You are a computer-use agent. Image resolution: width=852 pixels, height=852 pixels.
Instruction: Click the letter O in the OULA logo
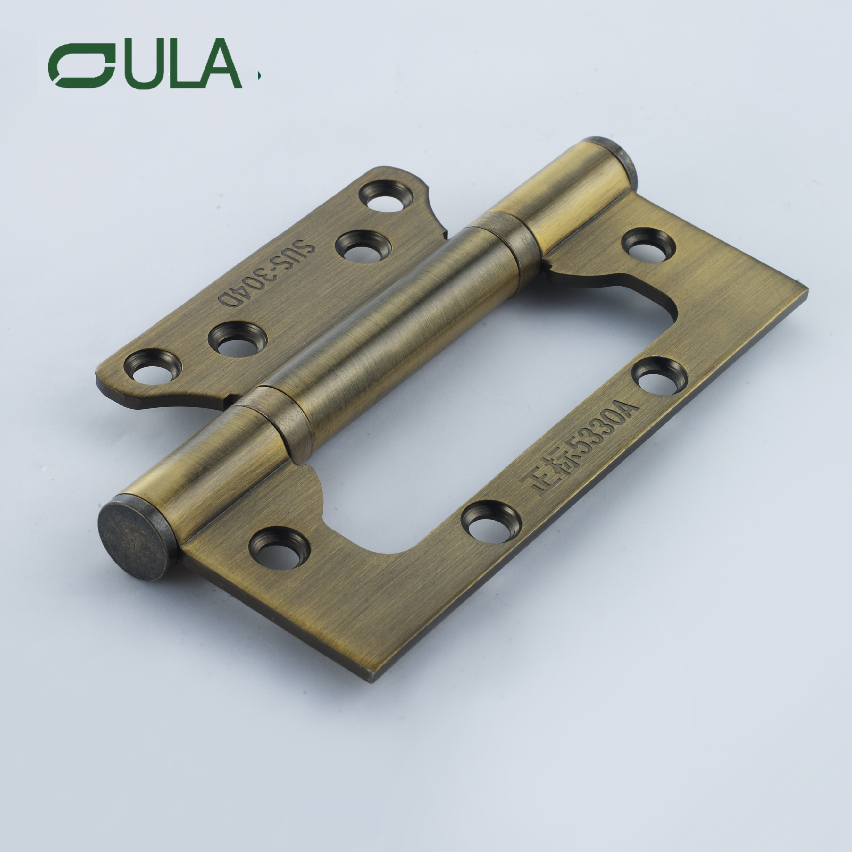click(x=82, y=66)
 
